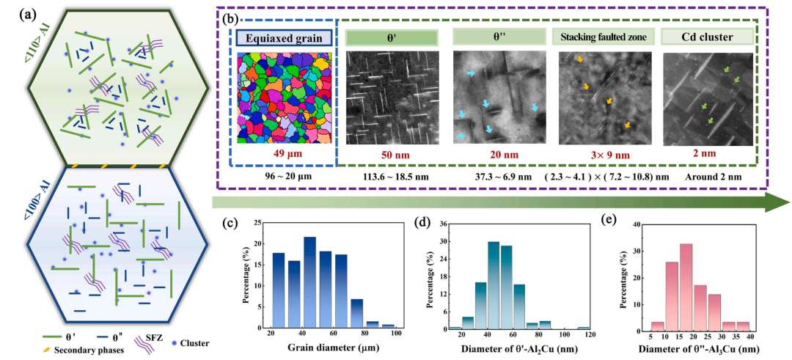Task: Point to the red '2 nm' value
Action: pos(706,155)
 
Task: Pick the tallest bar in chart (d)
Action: pos(494,284)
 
